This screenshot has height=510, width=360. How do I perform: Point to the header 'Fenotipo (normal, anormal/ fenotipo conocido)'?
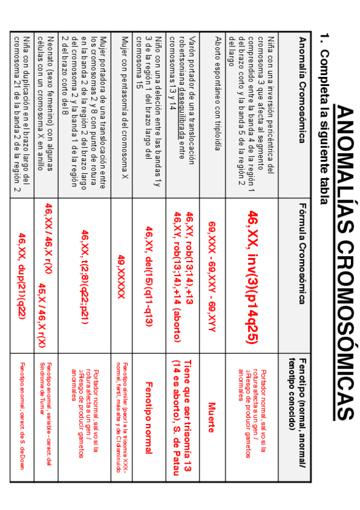point(297,392)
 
